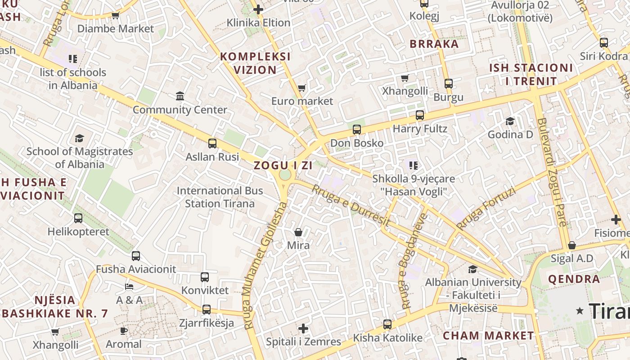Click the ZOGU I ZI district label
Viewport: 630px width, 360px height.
[x=283, y=165]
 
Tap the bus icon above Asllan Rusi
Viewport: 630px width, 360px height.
[x=212, y=144]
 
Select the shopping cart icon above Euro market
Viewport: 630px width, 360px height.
[x=302, y=88]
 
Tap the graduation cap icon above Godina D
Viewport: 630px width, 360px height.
[x=510, y=121]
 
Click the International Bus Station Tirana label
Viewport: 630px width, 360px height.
[x=220, y=197]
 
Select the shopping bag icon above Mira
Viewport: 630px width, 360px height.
[x=298, y=232]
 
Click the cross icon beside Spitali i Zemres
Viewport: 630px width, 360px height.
[x=304, y=328]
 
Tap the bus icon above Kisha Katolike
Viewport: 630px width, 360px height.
[x=387, y=324]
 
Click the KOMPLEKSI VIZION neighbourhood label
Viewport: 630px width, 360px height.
[x=255, y=63]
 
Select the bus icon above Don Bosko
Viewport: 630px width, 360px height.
[x=357, y=130]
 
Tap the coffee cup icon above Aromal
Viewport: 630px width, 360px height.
[x=123, y=331]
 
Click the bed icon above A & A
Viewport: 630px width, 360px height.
[x=129, y=286]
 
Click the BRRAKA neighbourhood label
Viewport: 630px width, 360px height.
[x=434, y=44]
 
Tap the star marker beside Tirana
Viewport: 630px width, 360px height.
[x=580, y=310]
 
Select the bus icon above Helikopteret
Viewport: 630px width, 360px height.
[x=78, y=218]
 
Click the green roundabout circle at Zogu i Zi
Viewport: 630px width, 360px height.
[x=285, y=175]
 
